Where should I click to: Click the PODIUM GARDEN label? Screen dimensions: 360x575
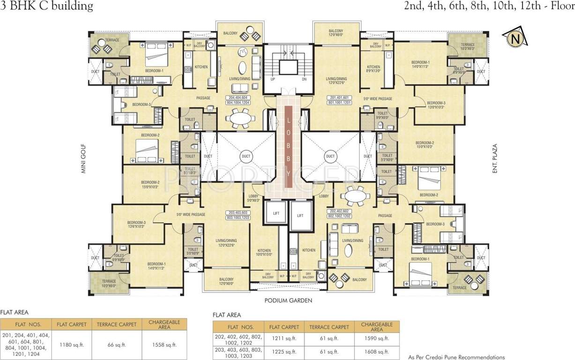click(288, 301)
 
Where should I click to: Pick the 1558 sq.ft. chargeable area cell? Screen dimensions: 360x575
click(164, 345)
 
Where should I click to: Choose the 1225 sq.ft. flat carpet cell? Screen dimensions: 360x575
click(283, 352)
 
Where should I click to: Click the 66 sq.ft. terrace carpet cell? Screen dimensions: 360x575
click(117, 345)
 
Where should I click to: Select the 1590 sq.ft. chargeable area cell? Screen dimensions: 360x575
click(377, 338)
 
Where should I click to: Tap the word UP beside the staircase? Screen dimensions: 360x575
click(272, 79)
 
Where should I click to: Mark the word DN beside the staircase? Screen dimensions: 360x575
click(304, 79)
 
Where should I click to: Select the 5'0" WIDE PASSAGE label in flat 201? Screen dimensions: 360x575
click(378, 98)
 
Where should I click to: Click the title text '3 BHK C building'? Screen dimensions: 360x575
click(47, 6)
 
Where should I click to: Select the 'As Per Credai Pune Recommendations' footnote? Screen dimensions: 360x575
click(456, 357)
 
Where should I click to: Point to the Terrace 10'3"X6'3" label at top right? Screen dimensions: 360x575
click(467, 46)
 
